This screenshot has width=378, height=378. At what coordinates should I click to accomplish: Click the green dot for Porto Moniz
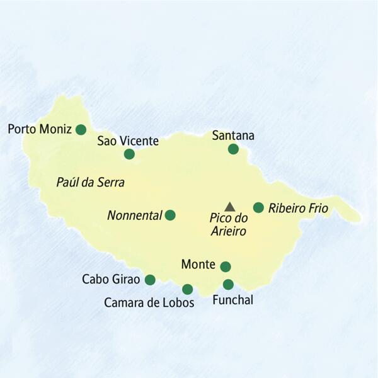pyautogui.click(x=81, y=130)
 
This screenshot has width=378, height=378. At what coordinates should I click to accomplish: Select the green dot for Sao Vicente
pyautogui.click(x=129, y=154)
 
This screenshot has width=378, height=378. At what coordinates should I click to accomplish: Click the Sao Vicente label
pyautogui.click(x=128, y=140)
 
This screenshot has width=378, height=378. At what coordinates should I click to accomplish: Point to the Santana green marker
pyautogui.click(x=233, y=149)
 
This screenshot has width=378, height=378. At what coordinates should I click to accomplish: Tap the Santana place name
pyautogui.click(x=233, y=135)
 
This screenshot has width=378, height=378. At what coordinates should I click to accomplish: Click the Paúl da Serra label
pyautogui.click(x=91, y=183)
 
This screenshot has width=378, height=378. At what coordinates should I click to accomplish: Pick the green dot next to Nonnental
pyautogui.click(x=169, y=215)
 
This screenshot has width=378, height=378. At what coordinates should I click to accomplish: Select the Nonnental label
pyautogui.click(x=134, y=215)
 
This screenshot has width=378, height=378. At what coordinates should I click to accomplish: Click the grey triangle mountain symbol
pyautogui.click(x=229, y=206)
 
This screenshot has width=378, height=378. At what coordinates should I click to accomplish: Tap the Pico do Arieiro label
pyautogui.click(x=228, y=224)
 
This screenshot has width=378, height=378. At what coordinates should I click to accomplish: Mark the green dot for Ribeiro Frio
pyautogui.click(x=258, y=207)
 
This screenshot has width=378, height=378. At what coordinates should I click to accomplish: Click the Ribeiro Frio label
pyautogui.click(x=298, y=208)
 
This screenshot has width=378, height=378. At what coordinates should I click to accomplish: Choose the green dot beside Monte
pyautogui.click(x=225, y=266)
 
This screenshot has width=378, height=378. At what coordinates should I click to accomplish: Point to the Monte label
pyautogui.click(x=197, y=265)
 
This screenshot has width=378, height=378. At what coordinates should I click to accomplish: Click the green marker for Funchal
pyautogui.click(x=228, y=284)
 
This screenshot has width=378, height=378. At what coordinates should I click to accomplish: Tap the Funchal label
pyautogui.click(x=233, y=301)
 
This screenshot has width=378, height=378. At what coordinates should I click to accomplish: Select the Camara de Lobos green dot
pyautogui.click(x=187, y=289)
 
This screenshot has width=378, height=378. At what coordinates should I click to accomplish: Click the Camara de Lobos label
pyautogui.click(x=149, y=303)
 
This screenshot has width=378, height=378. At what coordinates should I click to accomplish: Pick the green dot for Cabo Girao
pyautogui.click(x=150, y=279)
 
